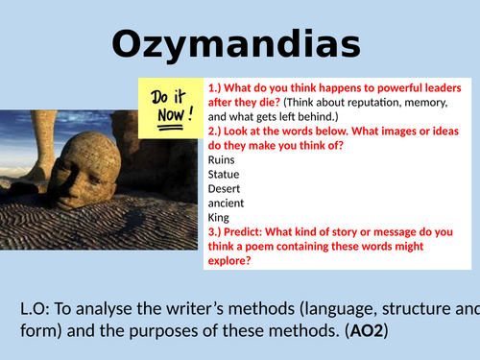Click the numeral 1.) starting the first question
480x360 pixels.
click(x=216, y=88)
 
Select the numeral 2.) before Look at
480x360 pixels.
click(x=216, y=132)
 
